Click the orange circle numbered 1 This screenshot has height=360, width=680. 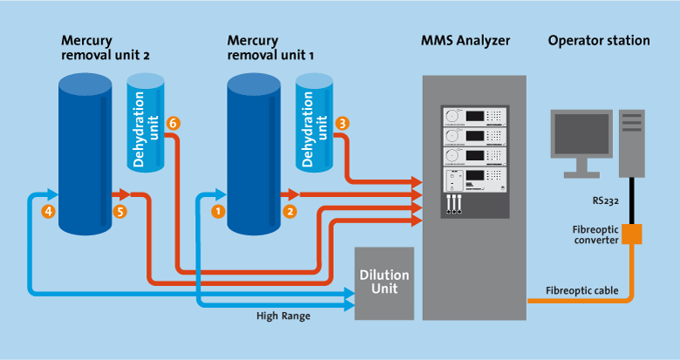pos(218,210)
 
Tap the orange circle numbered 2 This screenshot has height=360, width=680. pos(290,210)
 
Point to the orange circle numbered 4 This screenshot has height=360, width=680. pos(48,210)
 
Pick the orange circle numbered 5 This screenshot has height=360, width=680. pos(120,210)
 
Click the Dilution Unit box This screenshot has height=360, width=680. pos(384,282)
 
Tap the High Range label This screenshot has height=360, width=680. pos(282,316)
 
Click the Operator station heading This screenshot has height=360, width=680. pos(599,40)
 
